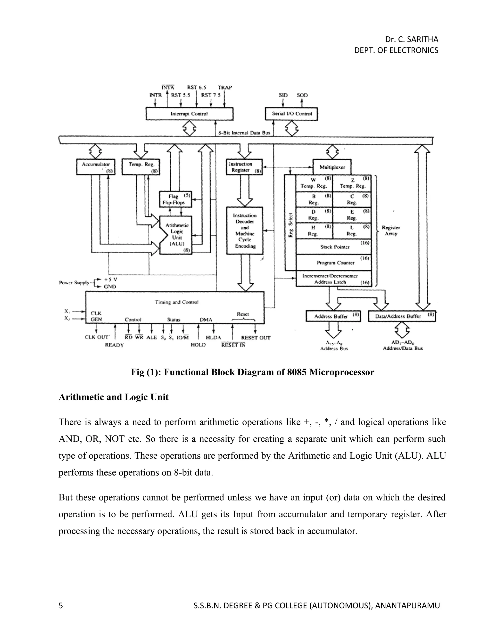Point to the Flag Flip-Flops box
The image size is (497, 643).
pos(175,199)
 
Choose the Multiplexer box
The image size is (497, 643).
pos(332,167)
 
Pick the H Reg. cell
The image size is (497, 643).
pos(314,231)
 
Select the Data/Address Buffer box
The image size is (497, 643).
pos(401,316)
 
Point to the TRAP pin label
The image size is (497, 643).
pos(225,87)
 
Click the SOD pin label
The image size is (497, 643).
pos(302,95)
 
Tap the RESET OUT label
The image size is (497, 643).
pos(255,338)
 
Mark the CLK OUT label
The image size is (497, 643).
pos(97,337)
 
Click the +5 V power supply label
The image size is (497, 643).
pos(111,279)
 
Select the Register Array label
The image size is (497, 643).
pos(391,231)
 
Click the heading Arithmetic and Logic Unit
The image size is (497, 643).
pos(113,397)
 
